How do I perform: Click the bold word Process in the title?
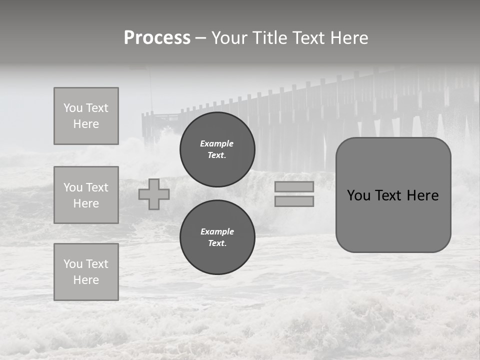[157, 38]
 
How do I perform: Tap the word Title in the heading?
[270, 38]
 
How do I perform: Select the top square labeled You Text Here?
[86, 116]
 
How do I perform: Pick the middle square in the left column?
[86, 195]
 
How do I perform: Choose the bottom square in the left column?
[86, 272]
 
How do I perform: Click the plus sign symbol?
[154, 194]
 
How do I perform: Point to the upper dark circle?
[217, 149]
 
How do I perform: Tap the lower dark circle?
[217, 237]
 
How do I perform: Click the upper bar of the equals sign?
[294, 187]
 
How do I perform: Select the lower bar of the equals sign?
[294, 201]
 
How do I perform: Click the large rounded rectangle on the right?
[393, 195]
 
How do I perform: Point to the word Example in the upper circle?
[217, 143]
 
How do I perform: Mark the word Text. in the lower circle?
[217, 243]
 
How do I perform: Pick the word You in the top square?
[73, 108]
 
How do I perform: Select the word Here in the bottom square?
[86, 280]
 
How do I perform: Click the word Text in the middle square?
[97, 187]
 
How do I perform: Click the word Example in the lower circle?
[217, 231]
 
